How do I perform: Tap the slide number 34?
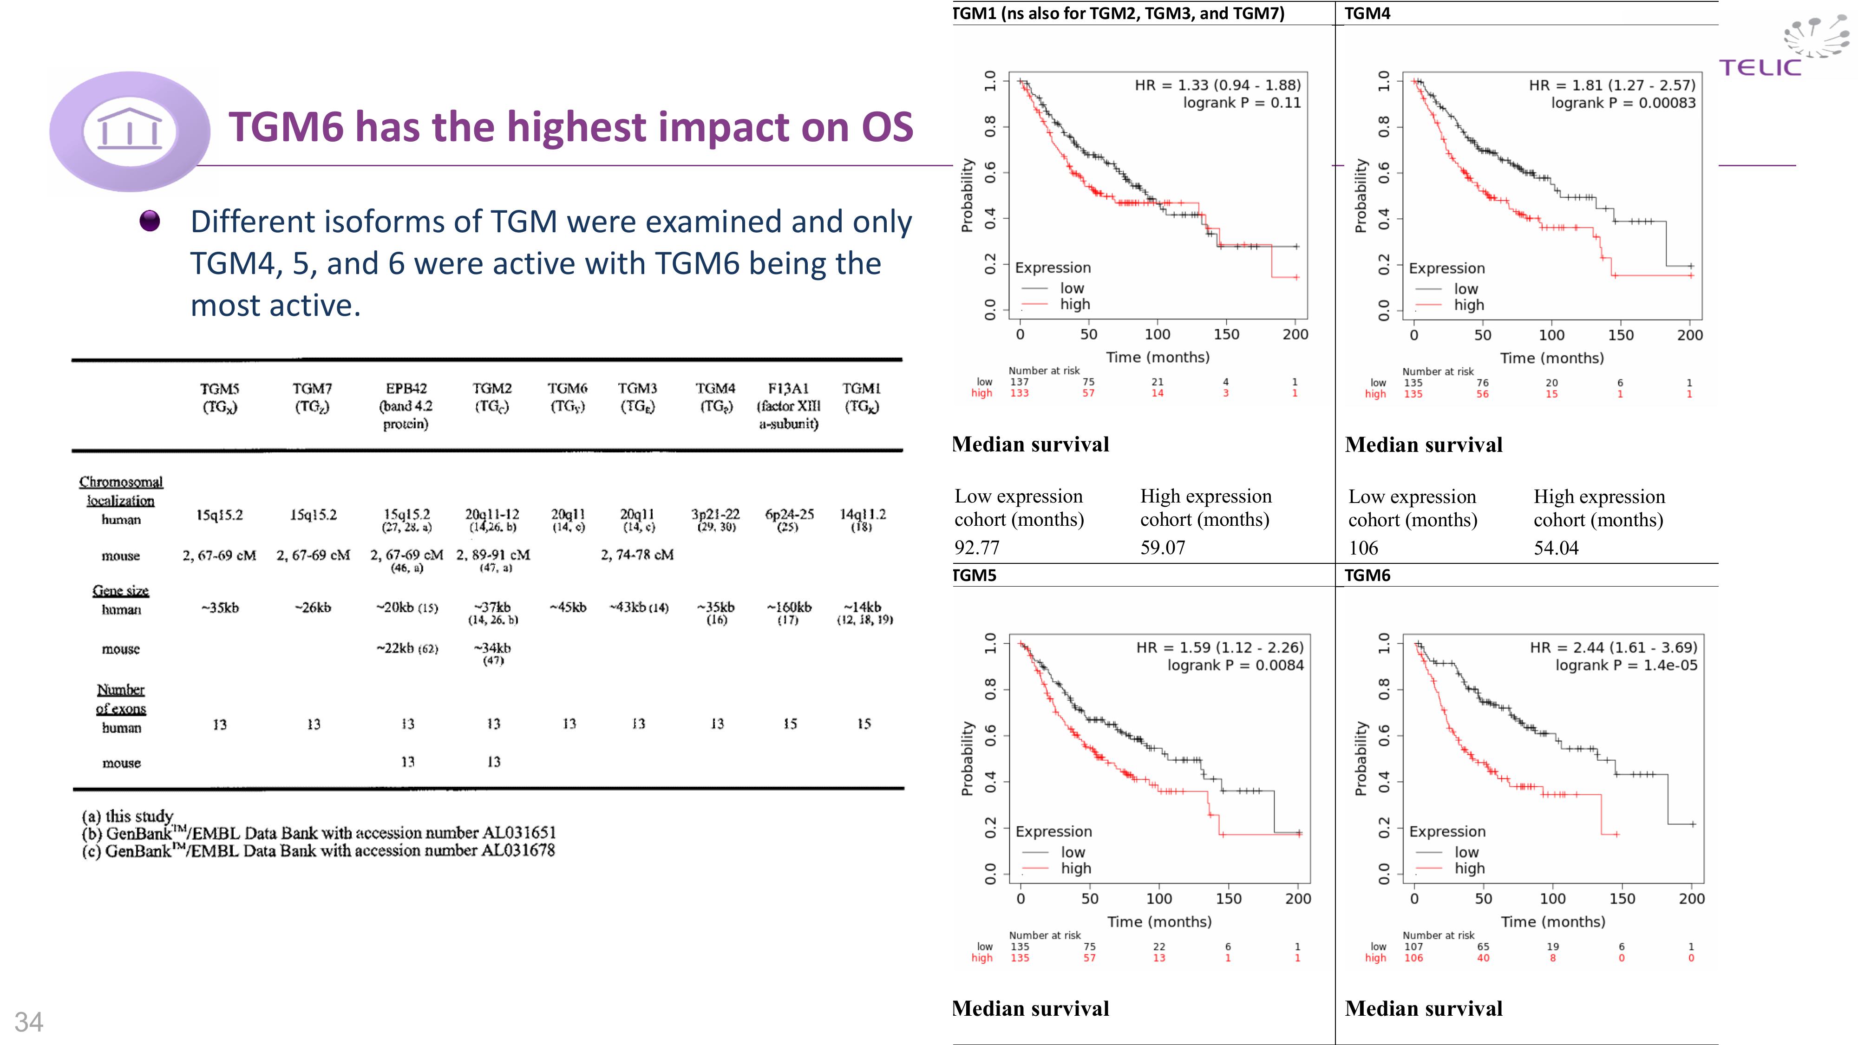29,1022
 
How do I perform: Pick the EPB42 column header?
406,405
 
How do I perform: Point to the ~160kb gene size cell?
789,607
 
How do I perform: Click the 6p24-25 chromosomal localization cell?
789,514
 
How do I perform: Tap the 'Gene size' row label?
120,591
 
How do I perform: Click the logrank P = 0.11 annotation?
1241,102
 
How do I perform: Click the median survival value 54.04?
1556,548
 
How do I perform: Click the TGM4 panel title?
1367,13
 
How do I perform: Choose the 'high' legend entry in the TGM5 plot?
1075,869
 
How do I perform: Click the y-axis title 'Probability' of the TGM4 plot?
1361,196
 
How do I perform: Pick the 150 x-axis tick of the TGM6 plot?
1622,899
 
